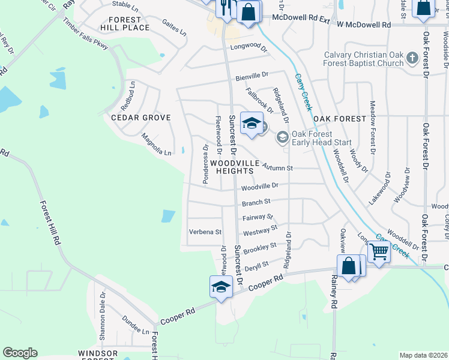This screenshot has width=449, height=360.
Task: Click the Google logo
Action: pos(20,353)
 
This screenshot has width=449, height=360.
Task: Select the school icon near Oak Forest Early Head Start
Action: pos(252,124)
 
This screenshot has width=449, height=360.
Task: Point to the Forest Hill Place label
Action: pos(125,23)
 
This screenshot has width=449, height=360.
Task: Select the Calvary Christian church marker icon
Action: pos(412,58)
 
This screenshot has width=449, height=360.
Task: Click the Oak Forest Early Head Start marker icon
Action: pos(282,137)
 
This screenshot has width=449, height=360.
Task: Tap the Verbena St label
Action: pos(205,232)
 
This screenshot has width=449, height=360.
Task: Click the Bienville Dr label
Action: pos(252,76)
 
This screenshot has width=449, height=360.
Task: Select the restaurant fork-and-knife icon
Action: pos(225,8)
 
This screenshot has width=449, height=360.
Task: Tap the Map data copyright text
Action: pos(423,355)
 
